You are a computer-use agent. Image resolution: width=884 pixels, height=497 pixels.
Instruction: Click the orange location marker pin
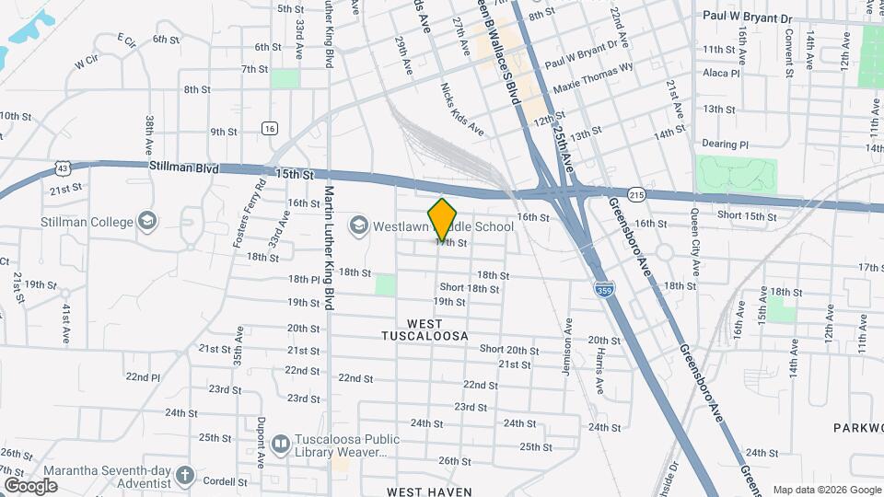(x=443, y=219)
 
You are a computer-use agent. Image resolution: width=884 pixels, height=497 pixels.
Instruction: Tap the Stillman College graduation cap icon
(x=146, y=221)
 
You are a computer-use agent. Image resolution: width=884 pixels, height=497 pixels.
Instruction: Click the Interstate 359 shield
(x=603, y=290)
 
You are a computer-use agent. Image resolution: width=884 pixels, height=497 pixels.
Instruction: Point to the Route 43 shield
(x=62, y=168)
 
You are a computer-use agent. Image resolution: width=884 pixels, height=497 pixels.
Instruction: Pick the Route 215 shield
(x=636, y=195)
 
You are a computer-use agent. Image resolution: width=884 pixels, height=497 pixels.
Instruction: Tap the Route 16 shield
(x=269, y=129)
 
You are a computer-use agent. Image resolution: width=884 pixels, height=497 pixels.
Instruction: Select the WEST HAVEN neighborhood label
(x=429, y=491)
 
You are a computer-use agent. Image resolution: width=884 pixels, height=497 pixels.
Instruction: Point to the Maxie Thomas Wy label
(x=593, y=78)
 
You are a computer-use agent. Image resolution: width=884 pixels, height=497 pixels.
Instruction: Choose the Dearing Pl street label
(x=725, y=144)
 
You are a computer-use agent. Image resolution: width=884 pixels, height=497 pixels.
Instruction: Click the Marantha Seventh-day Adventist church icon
(x=185, y=476)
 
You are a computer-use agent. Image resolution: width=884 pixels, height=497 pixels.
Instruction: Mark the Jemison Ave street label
(x=568, y=347)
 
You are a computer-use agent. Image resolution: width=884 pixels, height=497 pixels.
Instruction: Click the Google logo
(x=30, y=486)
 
